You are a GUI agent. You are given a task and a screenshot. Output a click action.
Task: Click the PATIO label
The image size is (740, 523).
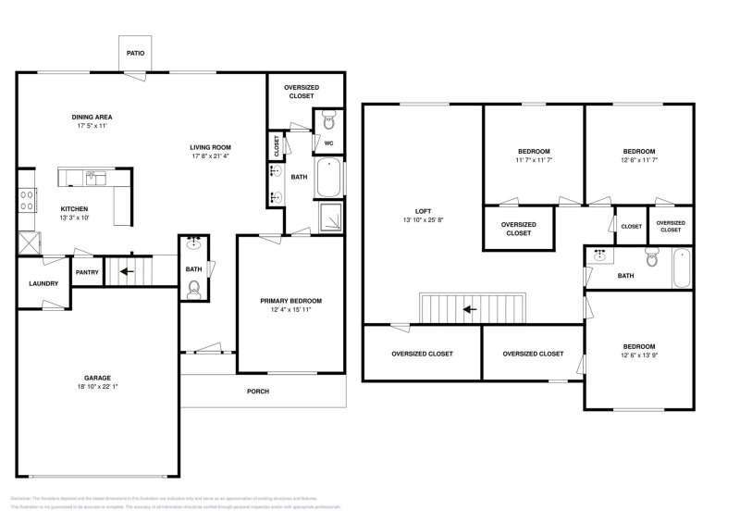[x=135, y=53]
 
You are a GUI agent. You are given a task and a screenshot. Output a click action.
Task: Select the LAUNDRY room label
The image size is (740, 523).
[x=43, y=284]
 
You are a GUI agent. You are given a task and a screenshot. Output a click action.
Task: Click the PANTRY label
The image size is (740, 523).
[x=87, y=272]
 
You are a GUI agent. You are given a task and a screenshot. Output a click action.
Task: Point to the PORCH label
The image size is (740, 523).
[x=258, y=391]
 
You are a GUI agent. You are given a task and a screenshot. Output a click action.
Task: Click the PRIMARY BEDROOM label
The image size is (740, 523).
[x=290, y=301]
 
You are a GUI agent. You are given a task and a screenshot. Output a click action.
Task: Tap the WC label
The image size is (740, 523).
[x=328, y=143]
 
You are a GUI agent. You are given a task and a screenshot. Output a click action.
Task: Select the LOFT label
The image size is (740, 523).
[x=425, y=211]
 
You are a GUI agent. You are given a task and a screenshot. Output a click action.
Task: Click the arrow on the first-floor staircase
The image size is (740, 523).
[x=124, y=272]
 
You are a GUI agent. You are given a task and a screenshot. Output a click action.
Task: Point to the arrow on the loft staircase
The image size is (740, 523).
[x=470, y=309]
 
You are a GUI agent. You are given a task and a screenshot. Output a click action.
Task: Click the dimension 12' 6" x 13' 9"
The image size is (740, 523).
[x=639, y=355]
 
